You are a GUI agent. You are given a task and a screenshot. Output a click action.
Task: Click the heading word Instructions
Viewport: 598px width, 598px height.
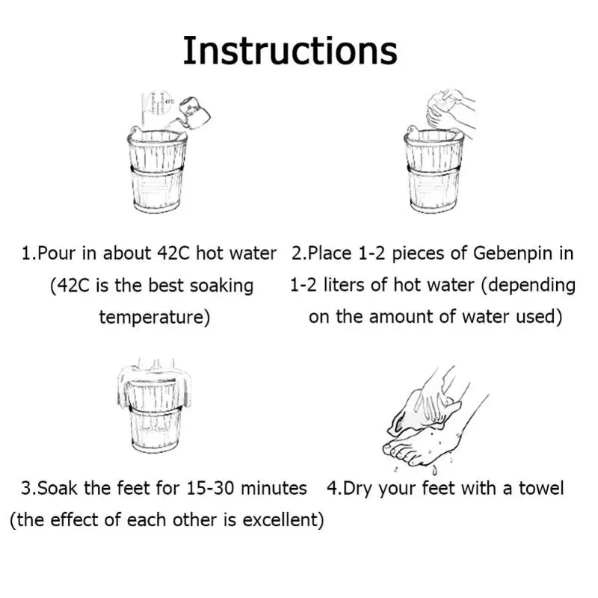[290, 51]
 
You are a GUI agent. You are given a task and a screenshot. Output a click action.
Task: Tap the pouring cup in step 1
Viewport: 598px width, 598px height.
[194, 113]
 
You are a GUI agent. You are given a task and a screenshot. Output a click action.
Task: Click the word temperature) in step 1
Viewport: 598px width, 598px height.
[155, 317]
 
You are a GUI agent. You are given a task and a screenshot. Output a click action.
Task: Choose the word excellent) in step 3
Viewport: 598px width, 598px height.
[283, 520]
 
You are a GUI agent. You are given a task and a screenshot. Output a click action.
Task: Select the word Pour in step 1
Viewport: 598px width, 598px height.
[57, 253]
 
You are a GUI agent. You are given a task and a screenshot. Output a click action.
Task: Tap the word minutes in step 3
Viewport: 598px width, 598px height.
[274, 489]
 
